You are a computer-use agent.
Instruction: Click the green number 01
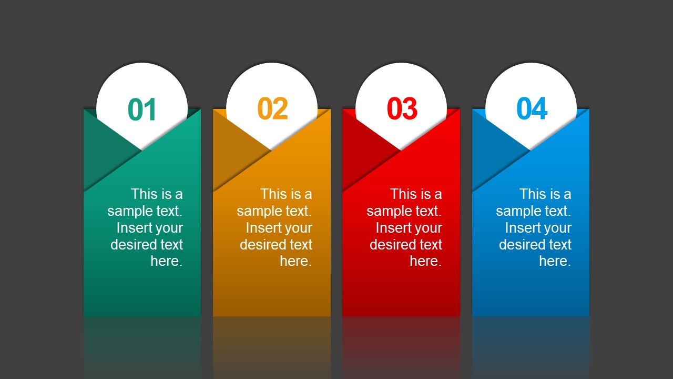click(142, 109)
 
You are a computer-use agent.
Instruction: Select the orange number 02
click(272, 109)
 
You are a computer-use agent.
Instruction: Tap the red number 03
click(402, 109)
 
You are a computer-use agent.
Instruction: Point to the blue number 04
click(532, 109)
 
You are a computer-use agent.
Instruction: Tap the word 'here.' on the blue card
click(555, 261)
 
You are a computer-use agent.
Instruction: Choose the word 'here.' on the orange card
click(296, 261)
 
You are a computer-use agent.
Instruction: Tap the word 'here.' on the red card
click(425, 261)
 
